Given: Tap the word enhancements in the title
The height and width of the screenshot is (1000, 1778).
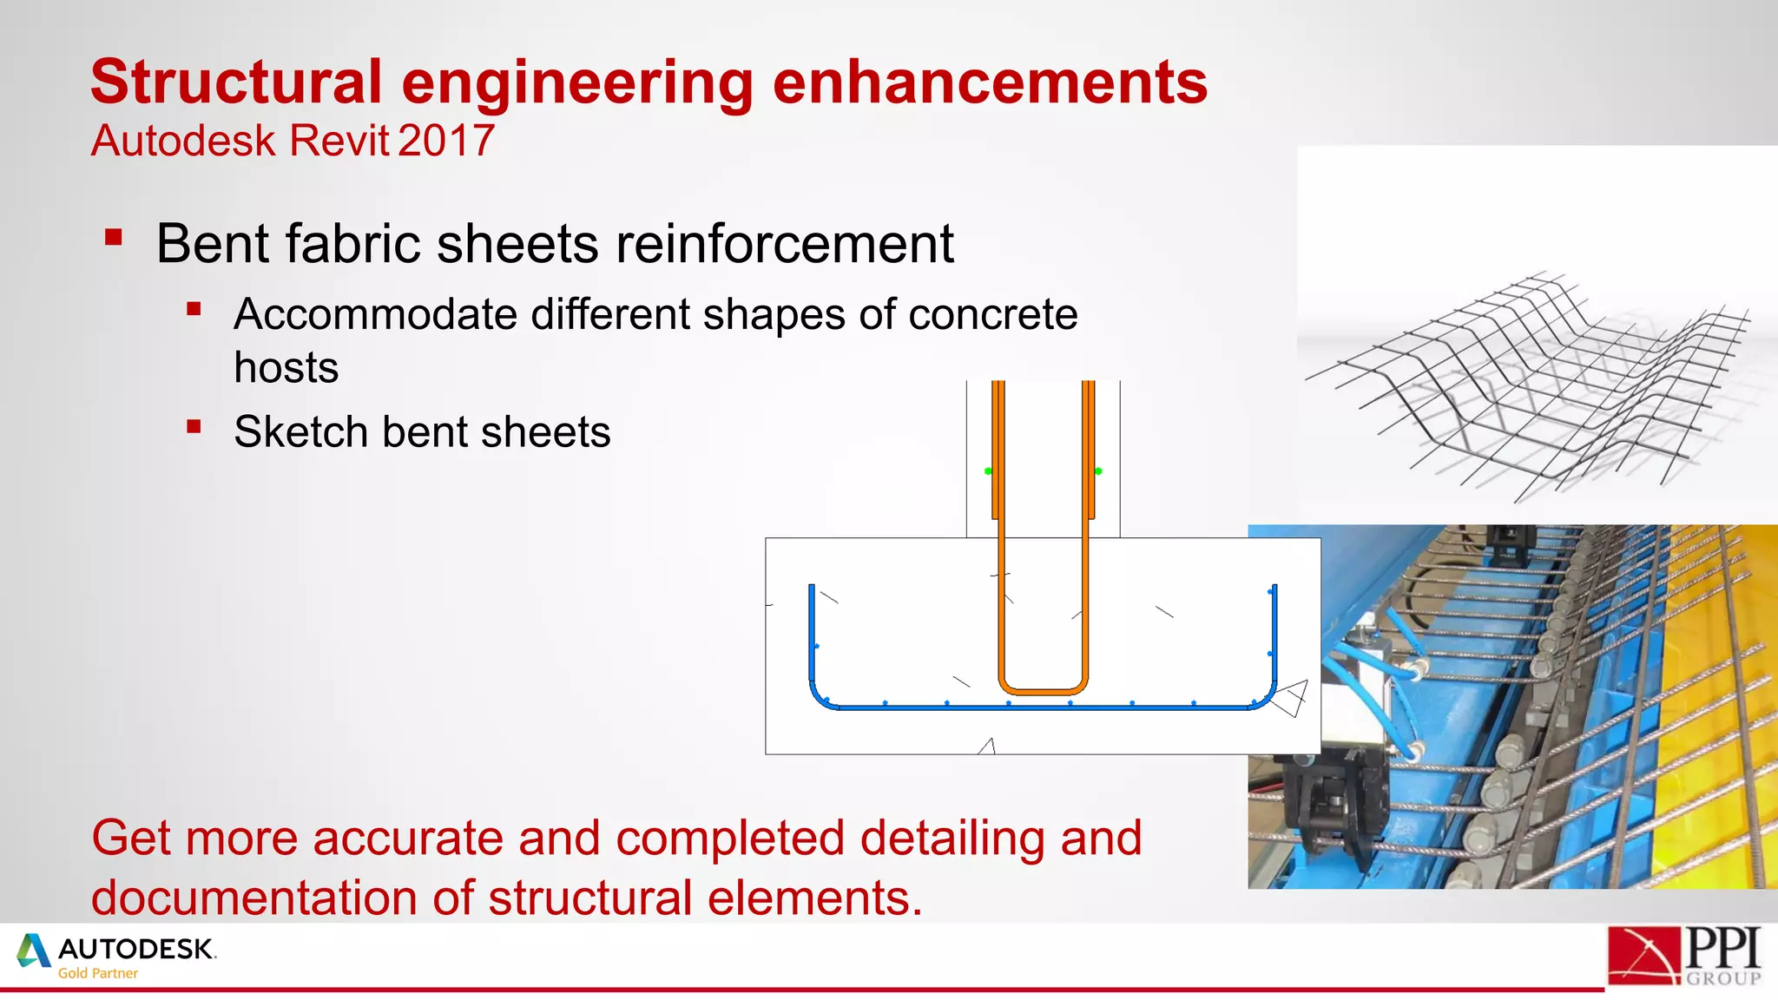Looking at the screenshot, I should point(990,82).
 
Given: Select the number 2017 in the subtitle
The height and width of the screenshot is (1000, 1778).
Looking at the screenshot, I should point(446,141).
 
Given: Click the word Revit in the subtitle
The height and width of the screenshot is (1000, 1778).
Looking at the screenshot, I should point(339,141).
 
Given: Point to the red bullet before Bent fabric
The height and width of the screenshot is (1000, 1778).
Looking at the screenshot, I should point(114,238).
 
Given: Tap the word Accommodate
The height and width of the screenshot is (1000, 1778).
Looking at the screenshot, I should point(375,314).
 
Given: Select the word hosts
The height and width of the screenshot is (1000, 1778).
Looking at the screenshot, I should point(286,368).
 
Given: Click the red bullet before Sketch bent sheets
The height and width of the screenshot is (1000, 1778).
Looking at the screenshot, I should point(194,426).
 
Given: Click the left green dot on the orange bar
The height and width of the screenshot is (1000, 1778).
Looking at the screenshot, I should point(988,471).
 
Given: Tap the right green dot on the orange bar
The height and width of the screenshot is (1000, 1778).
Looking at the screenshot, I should point(1098,471).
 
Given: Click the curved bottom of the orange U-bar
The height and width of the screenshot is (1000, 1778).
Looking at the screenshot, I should point(1043,691).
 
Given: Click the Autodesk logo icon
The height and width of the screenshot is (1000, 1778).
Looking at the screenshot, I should point(33,951).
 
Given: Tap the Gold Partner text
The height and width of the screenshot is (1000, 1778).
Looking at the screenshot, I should point(97,974).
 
